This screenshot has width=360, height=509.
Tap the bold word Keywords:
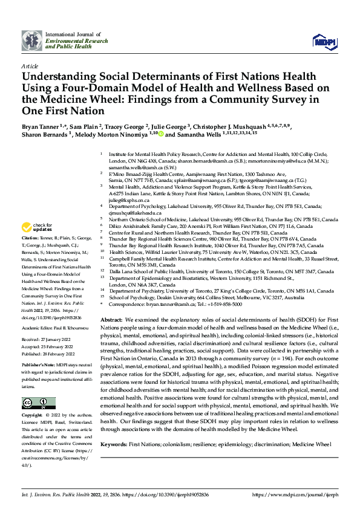(115, 444)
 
